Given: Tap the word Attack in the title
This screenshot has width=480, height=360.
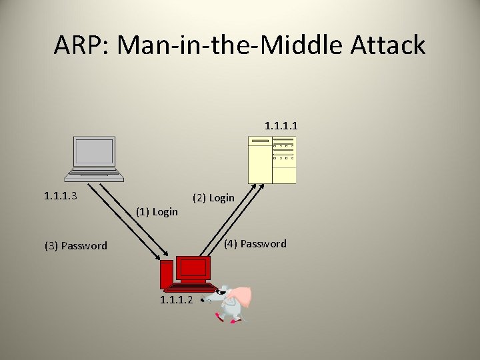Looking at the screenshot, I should coord(387,45).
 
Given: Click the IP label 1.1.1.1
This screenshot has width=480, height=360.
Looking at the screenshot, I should coord(281,125).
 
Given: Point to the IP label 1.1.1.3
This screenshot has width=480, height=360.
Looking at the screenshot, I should coord(61,196).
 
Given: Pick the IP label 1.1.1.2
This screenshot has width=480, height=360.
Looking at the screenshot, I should coord(177,300).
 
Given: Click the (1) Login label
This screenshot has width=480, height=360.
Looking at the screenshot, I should coord(157,212).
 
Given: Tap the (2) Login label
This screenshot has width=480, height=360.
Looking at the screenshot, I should coord(213,197).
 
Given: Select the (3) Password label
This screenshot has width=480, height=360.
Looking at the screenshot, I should coord(76,245).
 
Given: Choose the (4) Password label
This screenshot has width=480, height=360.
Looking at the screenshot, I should coord(255,243).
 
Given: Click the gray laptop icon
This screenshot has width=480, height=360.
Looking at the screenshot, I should coord(94,159).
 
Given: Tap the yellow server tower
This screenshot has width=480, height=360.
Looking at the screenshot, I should coord(272,159).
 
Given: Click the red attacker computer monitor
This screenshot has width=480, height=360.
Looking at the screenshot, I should coord(193,269).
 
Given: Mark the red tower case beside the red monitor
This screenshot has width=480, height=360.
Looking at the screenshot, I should coord(165,275).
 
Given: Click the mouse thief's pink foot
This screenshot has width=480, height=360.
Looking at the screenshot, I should coord(233,321).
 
